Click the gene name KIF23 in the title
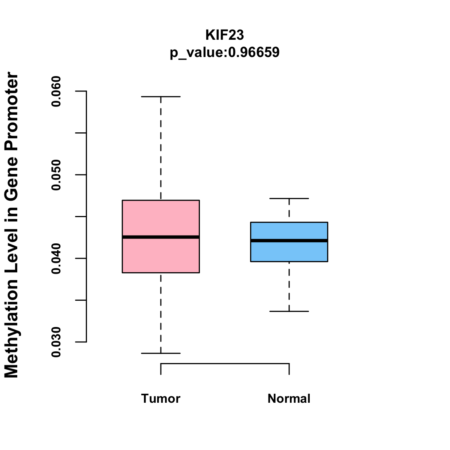[225, 35]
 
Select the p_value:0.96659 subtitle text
[225, 52]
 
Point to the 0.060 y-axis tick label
[56, 91]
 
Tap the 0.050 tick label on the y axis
[56, 175]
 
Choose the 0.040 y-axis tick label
[56, 258]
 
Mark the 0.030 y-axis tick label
[56, 342]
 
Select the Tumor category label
[160, 398]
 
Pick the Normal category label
[289, 398]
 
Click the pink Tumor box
[160, 217]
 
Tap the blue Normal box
[289, 231]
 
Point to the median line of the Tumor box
[160, 237]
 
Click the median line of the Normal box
[289, 240]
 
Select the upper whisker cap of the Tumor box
[160, 96]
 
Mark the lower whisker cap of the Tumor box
[160, 353]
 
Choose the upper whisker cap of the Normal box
[289, 198]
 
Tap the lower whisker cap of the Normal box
[289, 311]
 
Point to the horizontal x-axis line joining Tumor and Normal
[225, 363]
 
